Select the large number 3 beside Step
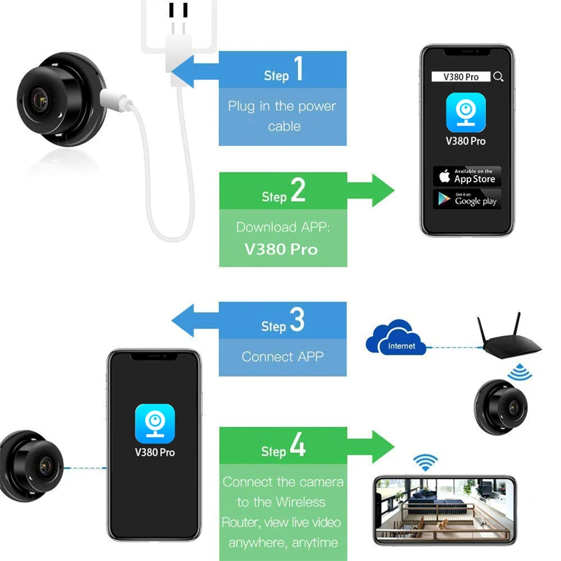coord(297,320)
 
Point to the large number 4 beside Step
coord(297,446)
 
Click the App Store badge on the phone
coord(467,176)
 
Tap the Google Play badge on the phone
coord(467,198)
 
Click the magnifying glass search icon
coord(498,76)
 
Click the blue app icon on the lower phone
coord(154,422)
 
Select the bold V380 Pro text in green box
coord(282,249)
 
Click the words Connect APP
coord(283,356)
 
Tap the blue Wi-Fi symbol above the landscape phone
coord(424,462)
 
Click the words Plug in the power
coord(282,107)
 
